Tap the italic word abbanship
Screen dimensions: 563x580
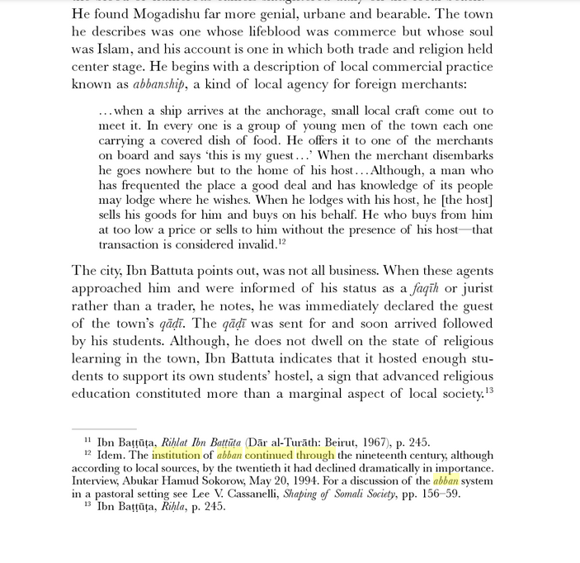coord(159,84)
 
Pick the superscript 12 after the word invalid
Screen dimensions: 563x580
coord(281,242)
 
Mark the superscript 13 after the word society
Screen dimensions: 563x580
coord(489,390)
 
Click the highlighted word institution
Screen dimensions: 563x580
coord(176,455)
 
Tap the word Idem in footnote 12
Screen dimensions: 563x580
coord(111,455)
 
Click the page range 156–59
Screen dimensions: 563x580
coord(436,494)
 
